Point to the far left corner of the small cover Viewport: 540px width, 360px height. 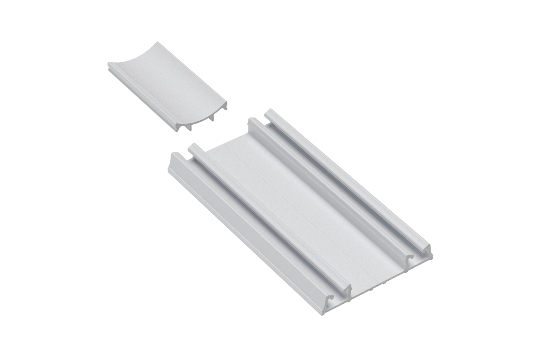(109, 66)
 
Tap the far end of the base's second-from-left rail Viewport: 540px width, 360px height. (193, 147)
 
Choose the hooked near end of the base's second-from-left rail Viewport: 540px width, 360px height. (346, 290)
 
